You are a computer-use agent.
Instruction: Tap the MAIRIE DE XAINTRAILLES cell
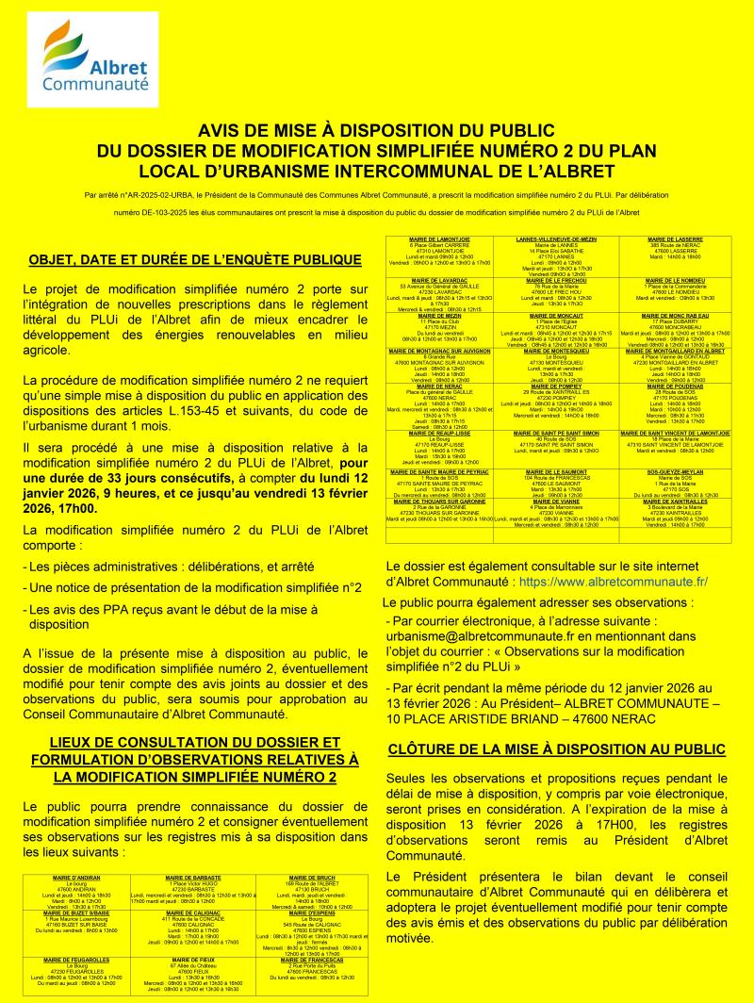673,513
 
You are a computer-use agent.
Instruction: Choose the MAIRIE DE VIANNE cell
556,513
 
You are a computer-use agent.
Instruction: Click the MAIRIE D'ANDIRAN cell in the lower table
78,892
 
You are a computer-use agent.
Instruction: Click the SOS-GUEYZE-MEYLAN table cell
673,483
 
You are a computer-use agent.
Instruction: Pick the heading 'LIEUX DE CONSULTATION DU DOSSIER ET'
186,742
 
